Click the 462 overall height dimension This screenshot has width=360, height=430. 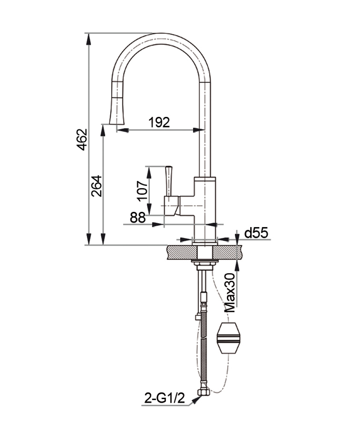point(81,139)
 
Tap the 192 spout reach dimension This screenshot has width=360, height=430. point(159,122)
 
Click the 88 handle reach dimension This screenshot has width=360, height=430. point(138,218)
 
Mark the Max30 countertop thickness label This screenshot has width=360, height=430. point(230,293)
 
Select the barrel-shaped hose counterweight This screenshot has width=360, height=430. point(228,336)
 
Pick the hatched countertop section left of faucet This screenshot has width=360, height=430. point(179,252)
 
